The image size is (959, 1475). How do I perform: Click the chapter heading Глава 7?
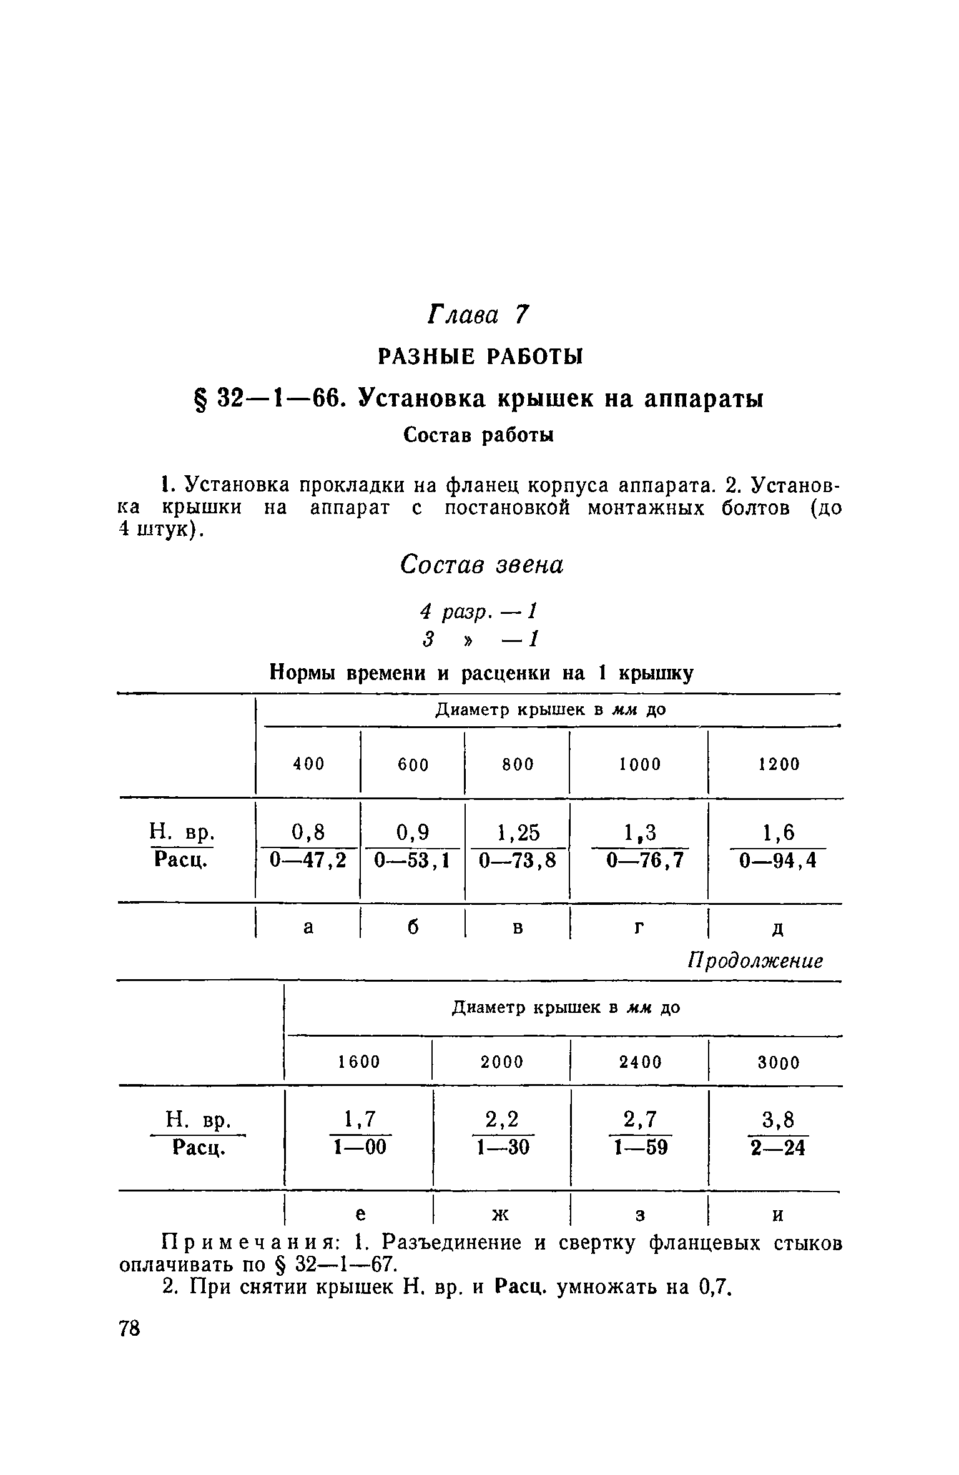tap(478, 315)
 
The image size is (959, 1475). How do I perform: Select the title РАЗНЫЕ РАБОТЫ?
tap(479, 357)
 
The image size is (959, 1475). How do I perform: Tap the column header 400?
tap(310, 764)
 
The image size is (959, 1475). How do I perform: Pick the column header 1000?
tap(640, 764)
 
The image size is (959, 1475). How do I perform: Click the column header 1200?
tap(779, 764)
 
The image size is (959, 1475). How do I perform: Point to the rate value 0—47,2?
tap(308, 861)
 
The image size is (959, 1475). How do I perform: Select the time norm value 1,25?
tap(518, 833)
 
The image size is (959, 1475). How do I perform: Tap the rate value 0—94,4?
tap(778, 861)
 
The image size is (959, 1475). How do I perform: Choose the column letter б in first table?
tap(413, 927)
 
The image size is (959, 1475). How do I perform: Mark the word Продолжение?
tap(755, 960)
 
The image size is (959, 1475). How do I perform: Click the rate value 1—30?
tap(503, 1147)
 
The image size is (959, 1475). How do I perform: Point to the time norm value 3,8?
tap(779, 1120)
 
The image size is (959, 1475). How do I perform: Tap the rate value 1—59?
tap(641, 1147)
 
